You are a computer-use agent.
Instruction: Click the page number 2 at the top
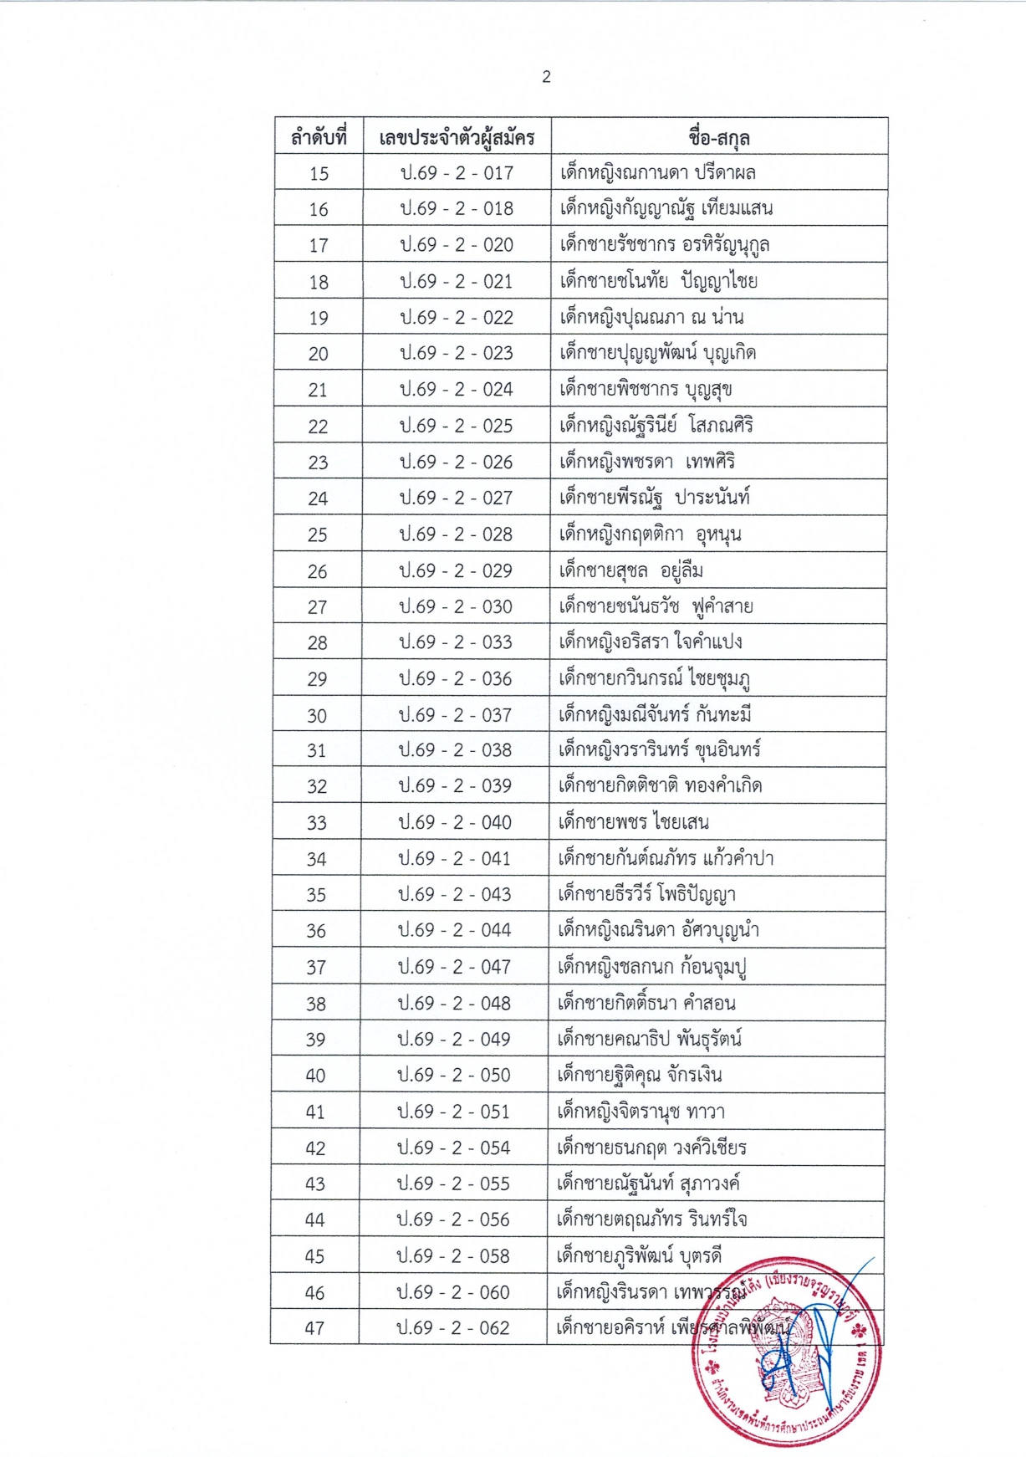point(546,77)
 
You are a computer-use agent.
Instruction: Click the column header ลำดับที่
point(318,137)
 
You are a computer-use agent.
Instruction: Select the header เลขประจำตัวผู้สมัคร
point(457,137)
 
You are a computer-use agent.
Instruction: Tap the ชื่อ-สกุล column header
point(718,137)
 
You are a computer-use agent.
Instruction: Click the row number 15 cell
point(319,174)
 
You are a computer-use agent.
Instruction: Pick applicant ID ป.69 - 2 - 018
point(457,209)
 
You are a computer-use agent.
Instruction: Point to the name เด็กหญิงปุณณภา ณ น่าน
point(651,318)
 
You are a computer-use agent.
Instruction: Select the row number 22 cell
point(318,427)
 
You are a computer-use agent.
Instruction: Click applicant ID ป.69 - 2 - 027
point(456,498)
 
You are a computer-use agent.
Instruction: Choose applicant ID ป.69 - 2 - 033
point(456,642)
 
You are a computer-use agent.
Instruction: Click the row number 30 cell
point(317,716)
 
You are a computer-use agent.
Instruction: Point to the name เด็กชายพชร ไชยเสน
point(633,822)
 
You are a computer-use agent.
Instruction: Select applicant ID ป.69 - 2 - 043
point(455,895)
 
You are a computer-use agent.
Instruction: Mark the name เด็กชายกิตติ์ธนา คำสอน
point(646,1004)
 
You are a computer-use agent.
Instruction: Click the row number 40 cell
point(315,1076)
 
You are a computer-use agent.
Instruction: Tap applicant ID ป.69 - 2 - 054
point(454,1148)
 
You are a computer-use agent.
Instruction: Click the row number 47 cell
point(314,1328)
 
